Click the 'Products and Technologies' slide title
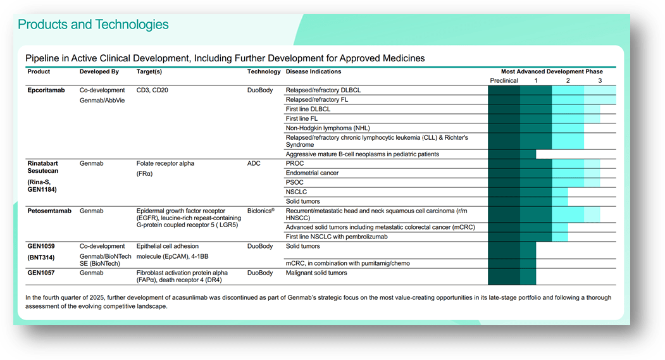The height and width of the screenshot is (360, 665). coord(93,25)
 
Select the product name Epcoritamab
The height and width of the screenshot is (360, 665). coord(47,90)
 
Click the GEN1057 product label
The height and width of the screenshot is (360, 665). coord(42,273)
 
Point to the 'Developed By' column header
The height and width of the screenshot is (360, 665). coord(99,71)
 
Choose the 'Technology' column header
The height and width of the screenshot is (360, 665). coord(263,71)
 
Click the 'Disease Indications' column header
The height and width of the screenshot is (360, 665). coord(313,71)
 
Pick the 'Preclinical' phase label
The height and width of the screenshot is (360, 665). coord(504,81)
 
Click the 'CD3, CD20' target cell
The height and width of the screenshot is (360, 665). coord(152,90)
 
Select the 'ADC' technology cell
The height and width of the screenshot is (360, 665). coord(253,163)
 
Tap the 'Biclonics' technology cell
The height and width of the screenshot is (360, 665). coord(261,211)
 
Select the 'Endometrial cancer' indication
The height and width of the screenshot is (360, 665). coord(312,173)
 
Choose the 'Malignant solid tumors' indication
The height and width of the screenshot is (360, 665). coord(316,273)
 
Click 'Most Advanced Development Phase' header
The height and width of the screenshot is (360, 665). coord(552,71)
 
